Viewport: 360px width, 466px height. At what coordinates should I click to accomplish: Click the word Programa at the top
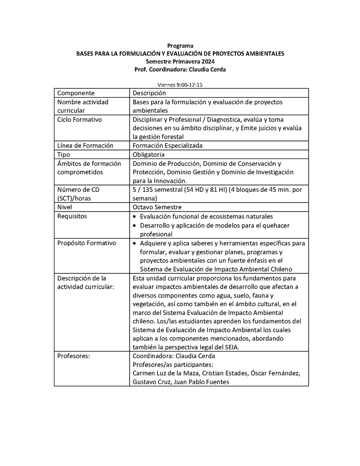click(180, 45)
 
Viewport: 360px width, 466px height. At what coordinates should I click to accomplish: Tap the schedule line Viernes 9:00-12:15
click(180, 84)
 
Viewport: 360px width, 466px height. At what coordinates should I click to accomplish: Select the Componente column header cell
click(76, 93)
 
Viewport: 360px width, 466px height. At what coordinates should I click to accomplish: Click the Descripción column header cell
click(149, 93)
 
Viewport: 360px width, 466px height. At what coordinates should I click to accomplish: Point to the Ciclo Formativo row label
click(80, 120)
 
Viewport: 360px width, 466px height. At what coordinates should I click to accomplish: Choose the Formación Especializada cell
click(167, 146)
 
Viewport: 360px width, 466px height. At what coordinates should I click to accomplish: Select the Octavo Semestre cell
click(157, 208)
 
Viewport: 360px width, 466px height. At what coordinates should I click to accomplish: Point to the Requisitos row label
click(72, 216)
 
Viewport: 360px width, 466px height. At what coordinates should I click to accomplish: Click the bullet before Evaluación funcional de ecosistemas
click(135, 217)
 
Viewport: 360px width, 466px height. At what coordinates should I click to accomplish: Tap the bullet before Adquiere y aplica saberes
click(135, 243)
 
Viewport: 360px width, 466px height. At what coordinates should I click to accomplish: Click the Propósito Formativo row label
click(86, 243)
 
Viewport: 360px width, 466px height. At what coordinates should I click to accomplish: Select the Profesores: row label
click(74, 356)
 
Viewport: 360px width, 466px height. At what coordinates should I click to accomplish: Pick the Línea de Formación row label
click(85, 146)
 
